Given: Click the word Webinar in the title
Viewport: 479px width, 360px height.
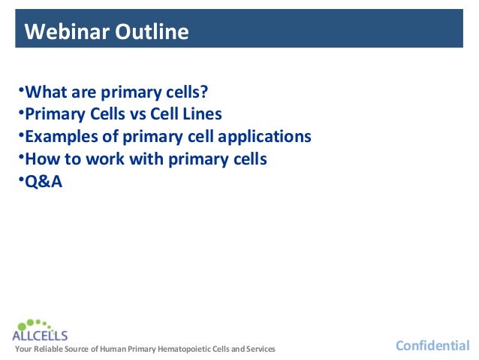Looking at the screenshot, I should pos(67,32).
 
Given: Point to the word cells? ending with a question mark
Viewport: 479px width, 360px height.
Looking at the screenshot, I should pos(184,92).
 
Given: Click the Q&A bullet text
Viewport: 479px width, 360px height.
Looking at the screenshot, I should pos(44,181).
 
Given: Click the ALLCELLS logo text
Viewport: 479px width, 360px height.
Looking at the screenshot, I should pos(40,335).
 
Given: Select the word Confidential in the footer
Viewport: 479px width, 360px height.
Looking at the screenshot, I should pos(432,346).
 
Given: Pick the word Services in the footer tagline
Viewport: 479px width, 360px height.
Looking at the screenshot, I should pos(259,349).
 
